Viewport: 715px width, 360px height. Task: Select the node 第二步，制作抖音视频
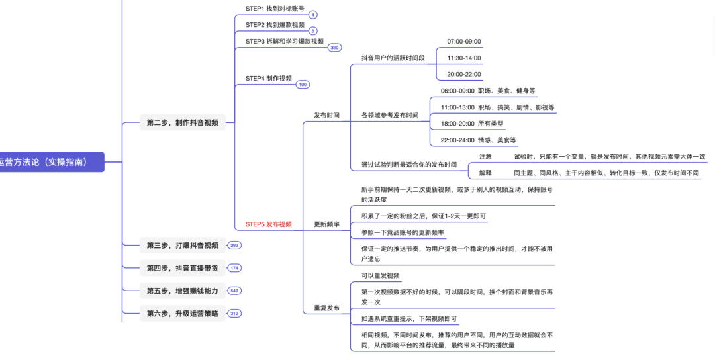pyautogui.click(x=182, y=122)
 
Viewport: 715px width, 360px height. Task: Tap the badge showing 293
pyautogui.click(x=234, y=246)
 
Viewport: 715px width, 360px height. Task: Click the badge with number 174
pyautogui.click(x=234, y=268)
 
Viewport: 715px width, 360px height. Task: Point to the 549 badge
pyautogui.click(x=234, y=291)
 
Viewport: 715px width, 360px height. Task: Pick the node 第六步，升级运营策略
pyautogui.click(x=182, y=314)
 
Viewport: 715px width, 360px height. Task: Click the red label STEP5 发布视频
pyautogui.click(x=268, y=224)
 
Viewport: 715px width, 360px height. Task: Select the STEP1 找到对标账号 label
pyautogui.click(x=275, y=9)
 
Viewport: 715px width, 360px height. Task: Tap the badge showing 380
pyautogui.click(x=335, y=48)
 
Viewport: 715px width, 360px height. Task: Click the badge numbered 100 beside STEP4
pyautogui.click(x=303, y=85)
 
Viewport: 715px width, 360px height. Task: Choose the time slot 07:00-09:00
pyautogui.click(x=464, y=42)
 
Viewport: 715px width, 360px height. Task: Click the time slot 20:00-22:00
pyautogui.click(x=464, y=75)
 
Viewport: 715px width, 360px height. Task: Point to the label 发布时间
pyautogui.click(x=326, y=115)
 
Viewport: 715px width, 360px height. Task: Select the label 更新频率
pyautogui.click(x=326, y=224)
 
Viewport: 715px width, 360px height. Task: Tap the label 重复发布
pyautogui.click(x=326, y=308)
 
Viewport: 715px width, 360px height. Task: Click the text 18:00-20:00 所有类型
pyautogui.click(x=472, y=124)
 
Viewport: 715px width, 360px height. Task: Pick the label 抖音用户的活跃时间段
pyautogui.click(x=393, y=58)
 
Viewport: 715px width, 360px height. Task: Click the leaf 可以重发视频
pyautogui.click(x=381, y=276)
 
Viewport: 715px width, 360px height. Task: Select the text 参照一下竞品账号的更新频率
pyautogui.click(x=403, y=233)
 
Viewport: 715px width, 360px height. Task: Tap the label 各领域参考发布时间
pyautogui.click(x=390, y=116)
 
